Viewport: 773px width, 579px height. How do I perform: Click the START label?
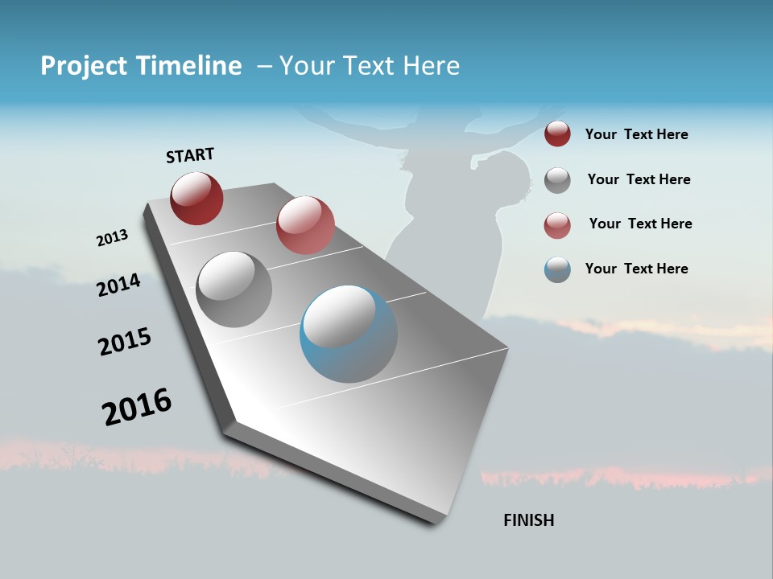(190, 155)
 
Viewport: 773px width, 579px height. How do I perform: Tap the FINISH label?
(528, 520)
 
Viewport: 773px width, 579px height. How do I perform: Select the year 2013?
(112, 238)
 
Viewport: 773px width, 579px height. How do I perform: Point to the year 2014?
(118, 285)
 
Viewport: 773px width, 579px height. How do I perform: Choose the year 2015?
(125, 342)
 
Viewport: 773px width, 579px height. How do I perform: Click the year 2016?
(137, 407)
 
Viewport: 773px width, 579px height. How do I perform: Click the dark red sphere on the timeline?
(196, 198)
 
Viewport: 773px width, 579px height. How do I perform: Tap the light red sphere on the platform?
(305, 224)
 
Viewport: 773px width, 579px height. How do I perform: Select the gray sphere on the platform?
(234, 289)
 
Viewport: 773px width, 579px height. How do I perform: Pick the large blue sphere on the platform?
(349, 333)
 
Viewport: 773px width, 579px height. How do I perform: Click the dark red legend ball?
(557, 134)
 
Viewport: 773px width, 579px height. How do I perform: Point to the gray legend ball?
(557, 179)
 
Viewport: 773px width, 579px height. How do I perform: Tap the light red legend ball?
(557, 224)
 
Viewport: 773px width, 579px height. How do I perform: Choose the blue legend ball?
(557, 269)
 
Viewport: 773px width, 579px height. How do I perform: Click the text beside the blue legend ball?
(636, 269)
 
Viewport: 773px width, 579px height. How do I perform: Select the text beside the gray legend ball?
(639, 179)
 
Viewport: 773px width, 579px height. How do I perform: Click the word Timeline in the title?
(189, 66)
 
